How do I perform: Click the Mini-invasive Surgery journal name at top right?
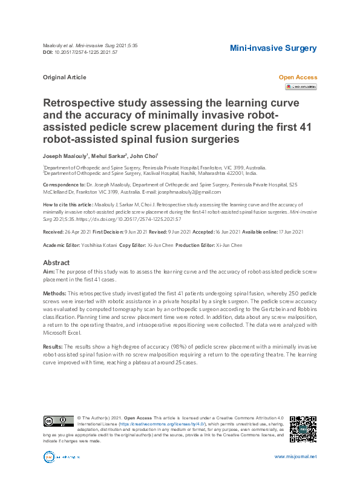click(x=273, y=48)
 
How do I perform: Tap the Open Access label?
click(x=297, y=77)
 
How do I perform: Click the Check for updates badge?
click(x=301, y=87)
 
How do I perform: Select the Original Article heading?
click(x=64, y=77)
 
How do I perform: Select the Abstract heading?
click(x=56, y=263)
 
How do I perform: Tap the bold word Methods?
click(x=54, y=292)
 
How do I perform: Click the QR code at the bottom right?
click(x=303, y=428)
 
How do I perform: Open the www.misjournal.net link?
click(x=295, y=457)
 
